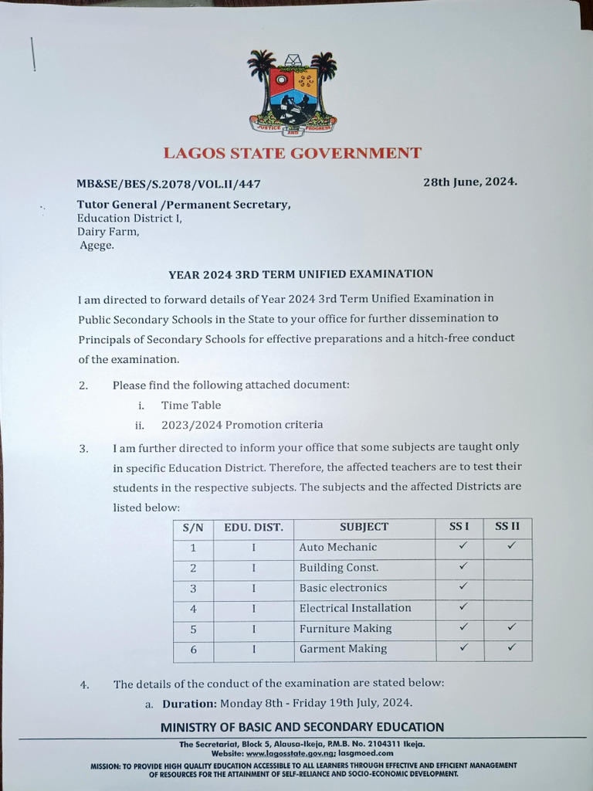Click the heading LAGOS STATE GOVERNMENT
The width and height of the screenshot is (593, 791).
point(292,153)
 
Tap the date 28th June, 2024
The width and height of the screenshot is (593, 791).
point(469,182)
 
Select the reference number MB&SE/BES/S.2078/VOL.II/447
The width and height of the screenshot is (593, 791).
point(168,184)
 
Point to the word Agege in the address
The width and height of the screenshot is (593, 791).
point(97,246)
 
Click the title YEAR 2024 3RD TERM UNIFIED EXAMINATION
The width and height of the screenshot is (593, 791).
point(301,273)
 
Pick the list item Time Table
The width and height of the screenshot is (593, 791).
point(191,405)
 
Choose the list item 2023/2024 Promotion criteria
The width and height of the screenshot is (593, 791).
point(242,425)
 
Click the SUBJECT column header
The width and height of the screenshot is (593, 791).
point(364,528)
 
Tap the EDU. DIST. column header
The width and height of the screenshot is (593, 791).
point(253,528)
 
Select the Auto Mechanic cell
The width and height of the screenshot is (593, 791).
point(338,547)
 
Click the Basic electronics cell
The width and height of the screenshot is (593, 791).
point(343,588)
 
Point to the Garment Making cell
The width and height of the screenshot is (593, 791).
point(343,649)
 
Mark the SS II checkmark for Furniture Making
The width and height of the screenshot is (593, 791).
point(510,627)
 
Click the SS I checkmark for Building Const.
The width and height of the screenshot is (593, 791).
point(463,566)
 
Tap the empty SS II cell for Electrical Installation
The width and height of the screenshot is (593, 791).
point(509,608)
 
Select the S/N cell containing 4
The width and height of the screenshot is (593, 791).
point(193,609)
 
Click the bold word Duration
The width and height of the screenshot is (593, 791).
point(189,703)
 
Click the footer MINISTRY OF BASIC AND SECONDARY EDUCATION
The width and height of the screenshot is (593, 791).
point(302,727)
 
